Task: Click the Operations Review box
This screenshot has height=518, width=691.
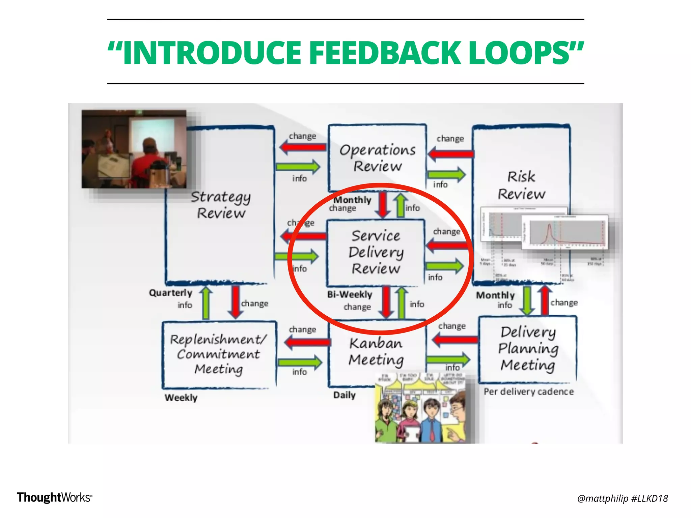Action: (x=377, y=158)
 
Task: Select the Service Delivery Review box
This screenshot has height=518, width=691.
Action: (x=376, y=252)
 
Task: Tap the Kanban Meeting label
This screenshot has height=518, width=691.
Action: (x=376, y=351)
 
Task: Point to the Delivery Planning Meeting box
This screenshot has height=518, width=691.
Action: (x=528, y=349)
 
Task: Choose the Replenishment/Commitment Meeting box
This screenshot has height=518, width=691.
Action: (x=219, y=354)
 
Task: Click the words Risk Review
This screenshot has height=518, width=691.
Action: (x=521, y=185)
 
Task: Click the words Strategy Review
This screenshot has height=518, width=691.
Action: (x=221, y=205)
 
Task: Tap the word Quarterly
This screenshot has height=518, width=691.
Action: (x=170, y=293)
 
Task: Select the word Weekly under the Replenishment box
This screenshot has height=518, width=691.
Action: (x=181, y=398)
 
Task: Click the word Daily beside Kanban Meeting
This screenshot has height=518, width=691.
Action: (x=344, y=395)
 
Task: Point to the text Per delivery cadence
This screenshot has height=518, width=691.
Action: (x=528, y=392)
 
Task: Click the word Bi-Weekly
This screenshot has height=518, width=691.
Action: (x=350, y=294)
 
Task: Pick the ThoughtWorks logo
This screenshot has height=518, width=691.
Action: (x=54, y=497)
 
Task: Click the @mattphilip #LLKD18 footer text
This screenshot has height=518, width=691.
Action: (x=622, y=498)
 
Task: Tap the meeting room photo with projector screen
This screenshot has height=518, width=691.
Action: (x=134, y=149)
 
